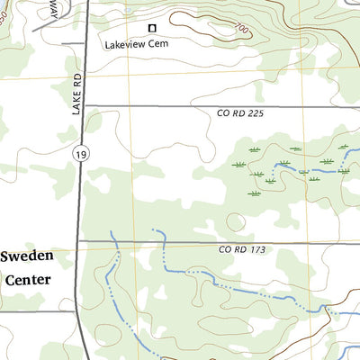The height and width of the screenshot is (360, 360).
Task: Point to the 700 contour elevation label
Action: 242,30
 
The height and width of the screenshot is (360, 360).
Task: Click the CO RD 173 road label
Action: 241,249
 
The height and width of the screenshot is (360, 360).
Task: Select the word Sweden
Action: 26,256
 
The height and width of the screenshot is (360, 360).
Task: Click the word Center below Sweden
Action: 28,279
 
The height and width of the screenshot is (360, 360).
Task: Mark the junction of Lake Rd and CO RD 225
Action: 80,105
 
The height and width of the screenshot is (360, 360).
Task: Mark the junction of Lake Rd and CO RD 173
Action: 79,241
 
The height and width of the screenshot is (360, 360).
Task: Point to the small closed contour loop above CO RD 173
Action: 236,220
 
